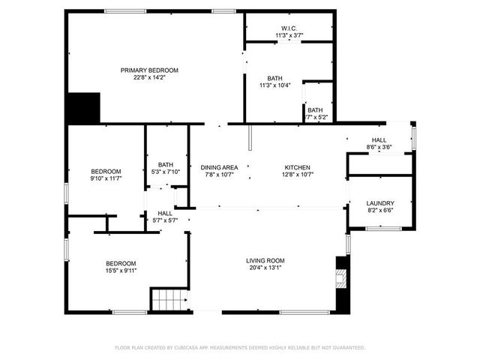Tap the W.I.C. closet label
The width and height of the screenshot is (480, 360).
[289, 28]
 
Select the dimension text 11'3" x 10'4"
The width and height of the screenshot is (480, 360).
[274, 85]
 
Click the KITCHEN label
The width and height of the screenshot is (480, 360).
[297, 167]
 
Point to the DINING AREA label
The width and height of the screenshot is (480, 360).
[219, 167]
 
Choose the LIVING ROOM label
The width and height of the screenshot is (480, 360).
[265, 261]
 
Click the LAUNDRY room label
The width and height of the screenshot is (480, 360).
[380, 203]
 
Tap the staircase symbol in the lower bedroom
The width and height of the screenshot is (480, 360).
[168, 299]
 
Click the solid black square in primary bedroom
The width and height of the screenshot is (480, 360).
[83, 108]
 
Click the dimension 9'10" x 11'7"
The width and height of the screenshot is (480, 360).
[106, 179]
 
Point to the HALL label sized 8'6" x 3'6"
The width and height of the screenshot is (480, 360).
[379, 140]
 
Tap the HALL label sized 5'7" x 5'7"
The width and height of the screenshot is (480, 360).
[164, 213]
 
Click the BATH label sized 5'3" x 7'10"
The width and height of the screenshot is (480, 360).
[165, 165]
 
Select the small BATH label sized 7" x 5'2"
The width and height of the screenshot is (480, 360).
[315, 110]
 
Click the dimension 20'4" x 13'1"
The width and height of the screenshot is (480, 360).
[265, 268]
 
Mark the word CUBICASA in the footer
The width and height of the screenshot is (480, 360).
[192, 348]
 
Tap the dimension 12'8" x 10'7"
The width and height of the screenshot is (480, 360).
[297, 175]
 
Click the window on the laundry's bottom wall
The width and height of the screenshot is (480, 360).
[382, 228]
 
